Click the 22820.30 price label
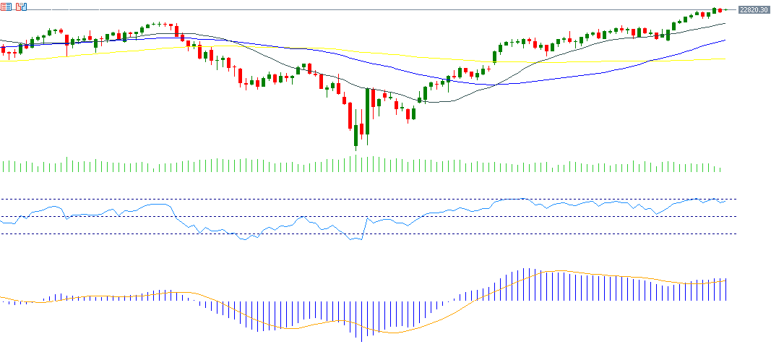tap(753, 9)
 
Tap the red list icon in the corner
tap(6, 7)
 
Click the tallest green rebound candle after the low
tap(367, 111)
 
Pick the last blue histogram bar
tap(725, 289)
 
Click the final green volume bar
tap(720, 170)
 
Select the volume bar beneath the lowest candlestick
tap(356, 164)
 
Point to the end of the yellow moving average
tap(724, 59)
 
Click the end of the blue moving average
tap(724, 40)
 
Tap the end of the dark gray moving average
tap(724, 24)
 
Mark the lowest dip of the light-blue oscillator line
tap(359, 240)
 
